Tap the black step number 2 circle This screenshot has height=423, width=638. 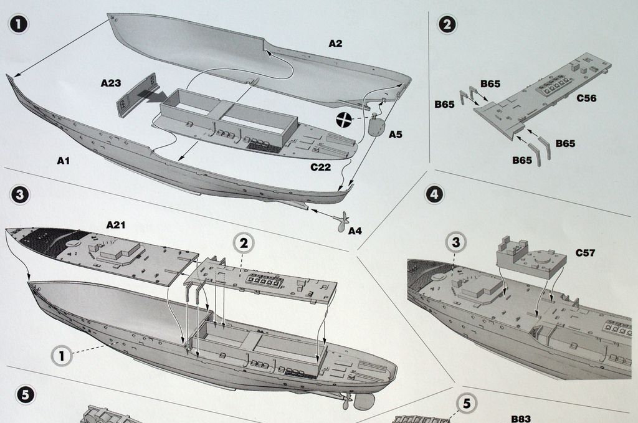447,24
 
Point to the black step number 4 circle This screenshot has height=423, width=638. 434,194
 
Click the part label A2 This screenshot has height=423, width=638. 335,44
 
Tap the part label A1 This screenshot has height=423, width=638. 63,161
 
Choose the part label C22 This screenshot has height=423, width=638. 321,167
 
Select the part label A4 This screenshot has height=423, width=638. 355,231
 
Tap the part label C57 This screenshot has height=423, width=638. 586,253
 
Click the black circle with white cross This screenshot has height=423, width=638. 343,121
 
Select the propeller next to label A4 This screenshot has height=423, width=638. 341,222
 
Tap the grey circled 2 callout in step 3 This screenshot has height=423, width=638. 244,244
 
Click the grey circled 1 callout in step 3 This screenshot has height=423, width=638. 61,356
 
